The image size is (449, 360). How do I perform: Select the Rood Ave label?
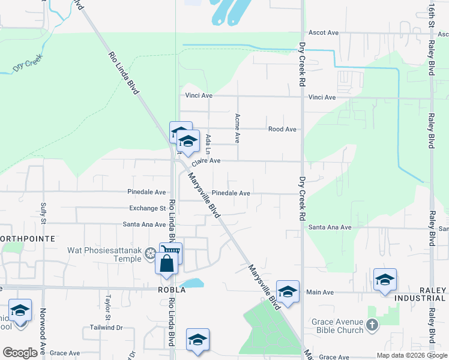tap(282, 129)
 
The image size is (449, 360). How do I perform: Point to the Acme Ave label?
tap(238, 128)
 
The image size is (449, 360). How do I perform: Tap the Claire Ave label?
tap(206, 161)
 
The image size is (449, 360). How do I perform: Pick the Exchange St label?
tap(148, 208)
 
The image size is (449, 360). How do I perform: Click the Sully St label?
tap(43, 212)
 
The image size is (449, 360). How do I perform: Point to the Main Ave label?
tap(319, 292)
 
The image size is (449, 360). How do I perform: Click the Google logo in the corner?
tap(20, 353)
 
